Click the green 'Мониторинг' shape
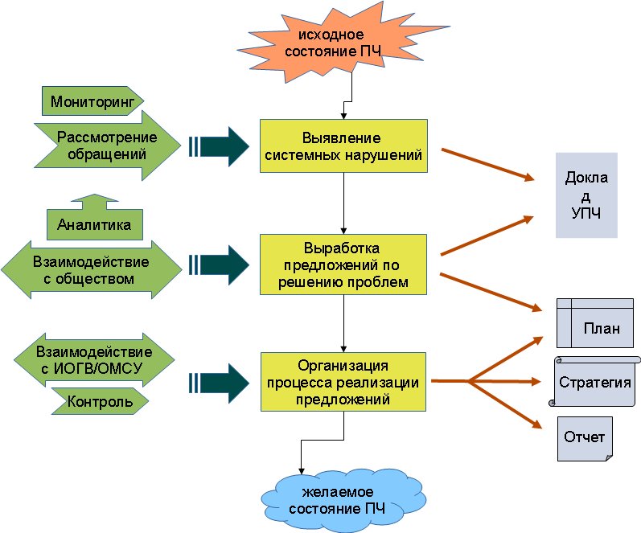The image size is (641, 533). [x=91, y=102]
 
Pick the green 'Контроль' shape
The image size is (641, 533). [x=101, y=400]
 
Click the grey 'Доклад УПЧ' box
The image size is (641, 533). [x=586, y=195]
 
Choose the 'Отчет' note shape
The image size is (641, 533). [x=584, y=439]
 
